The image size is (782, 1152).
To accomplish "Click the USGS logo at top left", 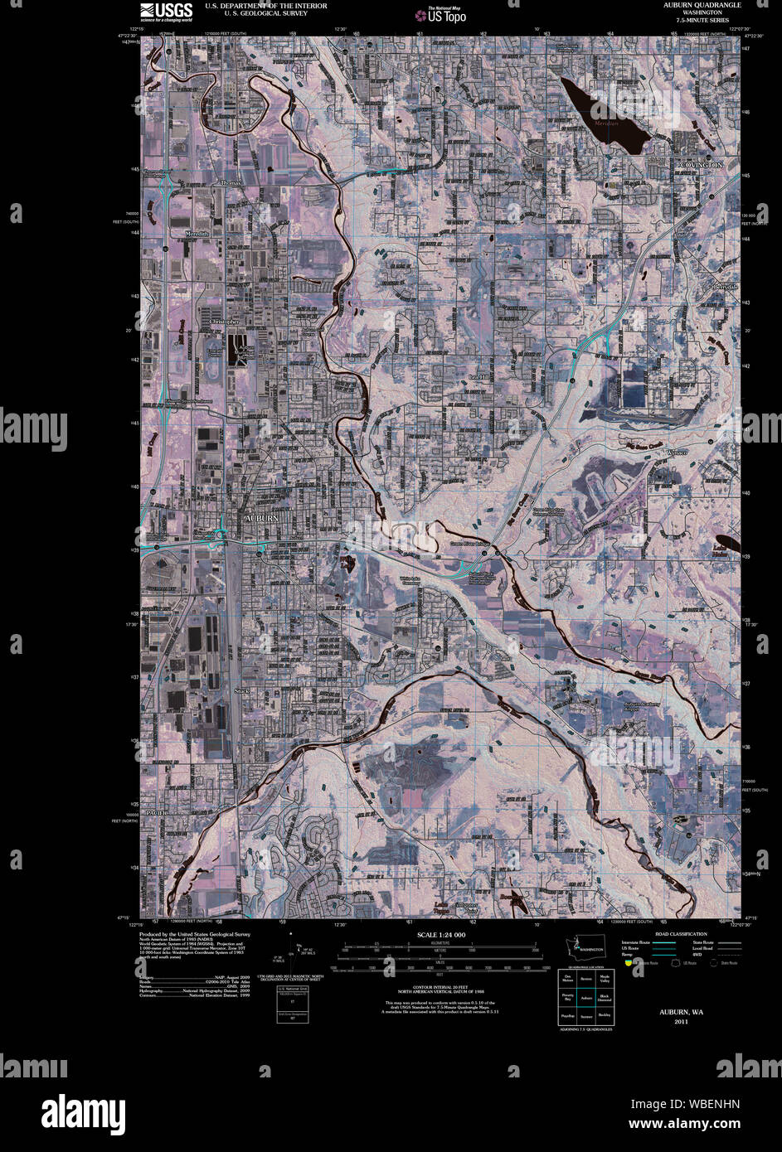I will tap(167, 11).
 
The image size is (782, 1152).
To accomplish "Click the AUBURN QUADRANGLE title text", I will tap(702, 5).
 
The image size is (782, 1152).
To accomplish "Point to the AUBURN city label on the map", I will tap(260, 518).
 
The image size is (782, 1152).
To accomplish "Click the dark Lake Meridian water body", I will tap(602, 115).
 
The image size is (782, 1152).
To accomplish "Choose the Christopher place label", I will tap(224, 321).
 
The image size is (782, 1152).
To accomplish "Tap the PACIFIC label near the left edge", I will tap(158, 814).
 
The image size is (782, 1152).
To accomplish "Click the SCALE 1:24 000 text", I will tap(442, 935).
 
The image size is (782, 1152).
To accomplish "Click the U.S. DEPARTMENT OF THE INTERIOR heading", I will tap(255, 6).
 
